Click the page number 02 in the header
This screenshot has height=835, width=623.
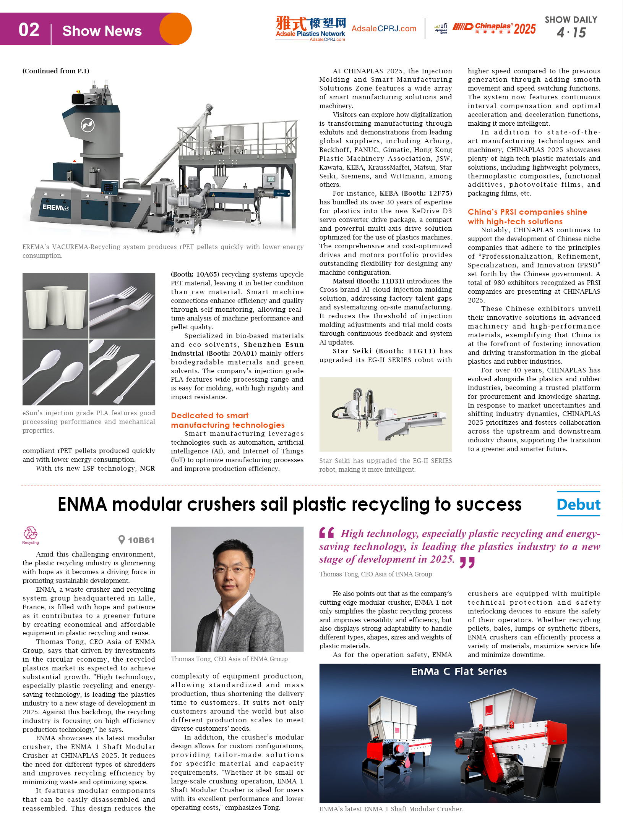pos(29,30)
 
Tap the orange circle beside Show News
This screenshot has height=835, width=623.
pos(175,29)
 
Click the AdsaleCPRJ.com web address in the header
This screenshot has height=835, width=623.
pos(384,29)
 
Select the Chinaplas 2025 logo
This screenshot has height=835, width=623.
pos(494,28)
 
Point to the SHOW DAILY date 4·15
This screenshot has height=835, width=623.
pos(571,33)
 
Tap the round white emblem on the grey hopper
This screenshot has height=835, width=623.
pos(88,125)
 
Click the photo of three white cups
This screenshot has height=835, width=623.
pos(55,306)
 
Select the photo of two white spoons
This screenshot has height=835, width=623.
pos(55,372)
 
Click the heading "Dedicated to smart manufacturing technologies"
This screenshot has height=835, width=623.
pos(227,420)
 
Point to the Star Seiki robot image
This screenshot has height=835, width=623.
pos(385,414)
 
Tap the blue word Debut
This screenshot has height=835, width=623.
pos(578,505)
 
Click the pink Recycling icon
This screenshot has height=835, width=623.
pos(31,534)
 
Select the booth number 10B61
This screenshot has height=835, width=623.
pos(141,540)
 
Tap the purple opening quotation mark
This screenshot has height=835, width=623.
pos(327,532)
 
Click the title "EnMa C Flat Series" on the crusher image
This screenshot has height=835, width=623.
pos(459,672)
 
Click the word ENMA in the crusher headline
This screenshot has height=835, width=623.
pos(82,505)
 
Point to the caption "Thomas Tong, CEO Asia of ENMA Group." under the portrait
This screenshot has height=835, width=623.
pos(230,659)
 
